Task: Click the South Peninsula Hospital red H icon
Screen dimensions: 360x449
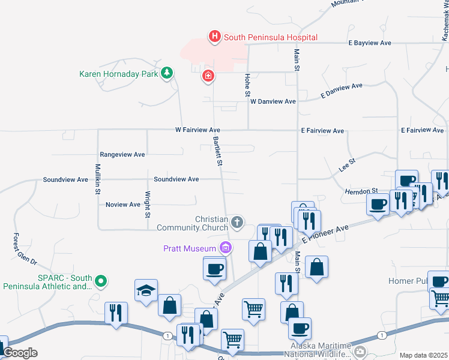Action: tap(214, 37)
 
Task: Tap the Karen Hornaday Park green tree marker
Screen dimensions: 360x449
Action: tap(167, 74)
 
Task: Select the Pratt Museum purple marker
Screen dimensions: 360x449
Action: tap(226, 247)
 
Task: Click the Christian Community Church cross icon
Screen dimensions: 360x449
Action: tap(237, 223)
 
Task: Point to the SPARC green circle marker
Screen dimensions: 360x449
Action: tap(101, 280)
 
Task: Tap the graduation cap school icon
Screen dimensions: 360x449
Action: tap(146, 291)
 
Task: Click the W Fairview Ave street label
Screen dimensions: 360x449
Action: tap(197, 130)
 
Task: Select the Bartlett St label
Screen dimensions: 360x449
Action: tap(218, 151)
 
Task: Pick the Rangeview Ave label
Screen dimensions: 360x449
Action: tap(122, 154)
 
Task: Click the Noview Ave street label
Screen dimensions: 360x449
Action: tap(122, 205)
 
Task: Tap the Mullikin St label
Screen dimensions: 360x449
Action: tap(97, 179)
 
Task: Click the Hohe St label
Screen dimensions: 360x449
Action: tap(247, 85)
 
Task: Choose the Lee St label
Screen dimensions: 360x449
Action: tap(347, 166)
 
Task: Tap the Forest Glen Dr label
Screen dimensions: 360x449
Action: tap(25, 250)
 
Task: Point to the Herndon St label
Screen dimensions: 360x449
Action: tap(361, 191)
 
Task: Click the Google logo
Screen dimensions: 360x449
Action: tap(20, 353)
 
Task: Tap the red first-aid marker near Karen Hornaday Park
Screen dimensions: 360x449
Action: tap(208, 76)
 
